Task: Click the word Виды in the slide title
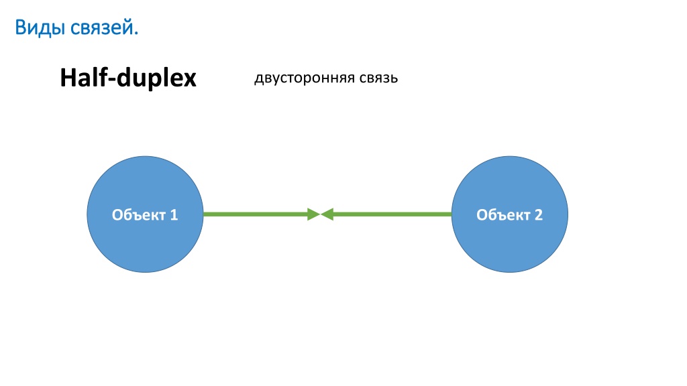coord(41,28)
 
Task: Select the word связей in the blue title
coord(102,28)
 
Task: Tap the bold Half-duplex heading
coord(128,78)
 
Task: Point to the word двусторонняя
coord(305,78)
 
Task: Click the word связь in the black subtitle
coord(378,78)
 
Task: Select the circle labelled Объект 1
coord(145,214)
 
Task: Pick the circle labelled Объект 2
coord(510,214)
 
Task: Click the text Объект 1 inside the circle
coord(145,215)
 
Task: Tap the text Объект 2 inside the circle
coord(510,215)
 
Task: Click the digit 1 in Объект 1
coord(174,215)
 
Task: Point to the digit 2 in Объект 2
coord(539,215)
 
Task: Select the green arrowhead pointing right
coord(314,214)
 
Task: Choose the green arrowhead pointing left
coord(327,214)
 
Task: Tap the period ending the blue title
coord(136,34)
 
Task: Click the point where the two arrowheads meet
coord(321,214)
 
